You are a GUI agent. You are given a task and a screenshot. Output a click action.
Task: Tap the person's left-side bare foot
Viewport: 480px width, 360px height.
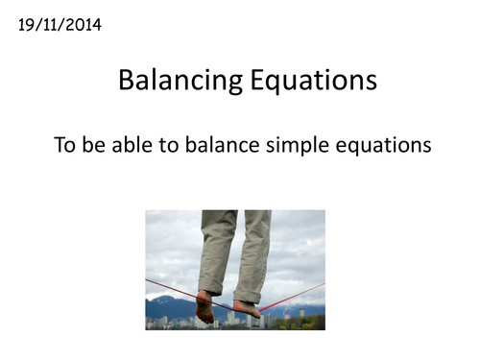coord(204,307)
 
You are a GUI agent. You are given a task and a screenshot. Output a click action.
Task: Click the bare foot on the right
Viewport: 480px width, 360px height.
coord(247,308)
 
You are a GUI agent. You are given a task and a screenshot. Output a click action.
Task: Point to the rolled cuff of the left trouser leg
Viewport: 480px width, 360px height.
coord(211,285)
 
